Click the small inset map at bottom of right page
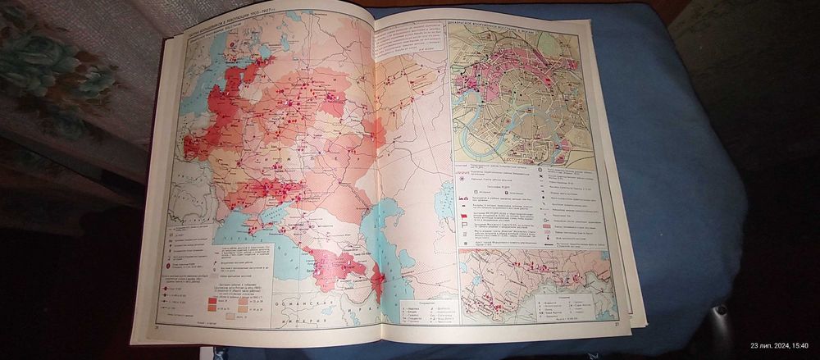point(533,283)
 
